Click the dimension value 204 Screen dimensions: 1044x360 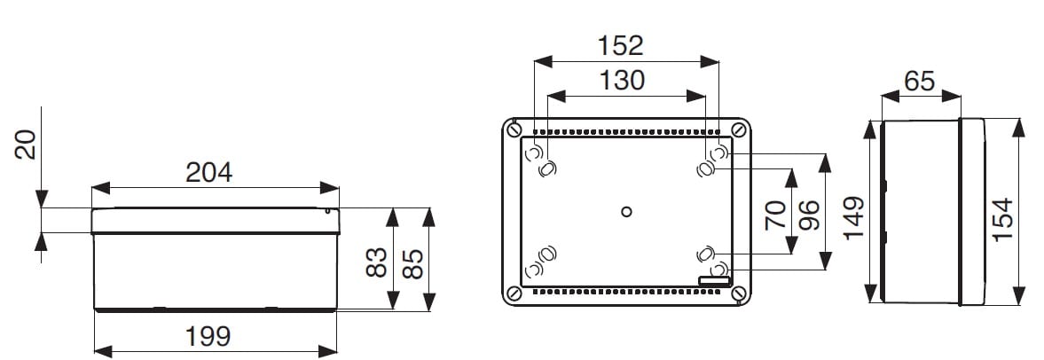coord(209,173)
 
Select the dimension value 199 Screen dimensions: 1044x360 coord(208,337)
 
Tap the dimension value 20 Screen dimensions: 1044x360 coord(26,145)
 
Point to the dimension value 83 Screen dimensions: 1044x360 coord(377,262)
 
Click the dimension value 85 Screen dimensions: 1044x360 coord(412,262)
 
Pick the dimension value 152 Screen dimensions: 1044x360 coord(621,46)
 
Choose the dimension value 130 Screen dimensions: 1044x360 coord(623,81)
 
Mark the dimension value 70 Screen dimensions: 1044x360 coord(775,214)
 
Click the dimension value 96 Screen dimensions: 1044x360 coord(810,215)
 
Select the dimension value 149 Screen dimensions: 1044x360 coord(853,217)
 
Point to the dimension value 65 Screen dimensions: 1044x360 coord(920,82)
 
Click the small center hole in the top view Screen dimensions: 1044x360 coord(626,212)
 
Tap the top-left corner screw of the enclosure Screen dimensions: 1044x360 coord(514,129)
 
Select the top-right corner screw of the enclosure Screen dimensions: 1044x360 coord(738,129)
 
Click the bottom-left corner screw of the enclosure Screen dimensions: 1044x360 coord(514,293)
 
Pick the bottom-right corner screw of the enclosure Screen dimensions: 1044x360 coord(738,293)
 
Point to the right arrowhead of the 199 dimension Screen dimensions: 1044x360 coord(327,351)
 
